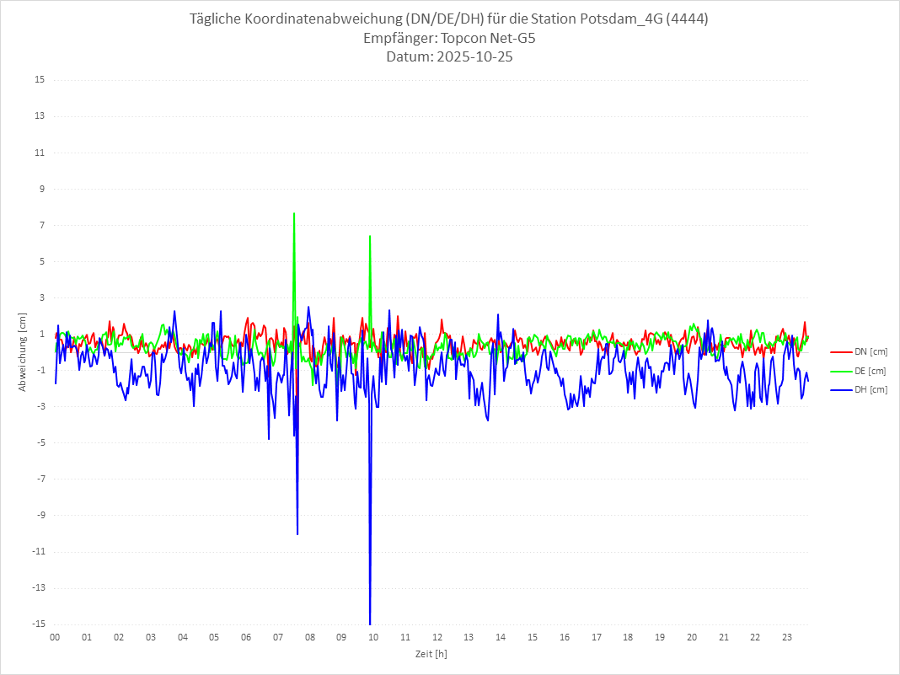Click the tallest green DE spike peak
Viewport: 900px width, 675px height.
(293, 214)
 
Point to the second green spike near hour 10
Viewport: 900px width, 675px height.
(370, 237)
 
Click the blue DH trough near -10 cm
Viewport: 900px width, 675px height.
(297, 533)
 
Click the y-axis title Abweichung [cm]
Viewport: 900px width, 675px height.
(23, 352)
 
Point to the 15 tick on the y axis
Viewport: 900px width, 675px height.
(39, 80)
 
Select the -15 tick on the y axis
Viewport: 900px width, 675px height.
(38, 624)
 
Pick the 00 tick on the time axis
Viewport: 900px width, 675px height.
(55, 637)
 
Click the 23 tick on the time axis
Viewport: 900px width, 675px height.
(786, 637)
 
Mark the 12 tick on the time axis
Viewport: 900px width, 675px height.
(437, 637)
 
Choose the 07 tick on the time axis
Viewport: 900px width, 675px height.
(277, 637)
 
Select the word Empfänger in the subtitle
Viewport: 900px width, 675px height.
(399, 38)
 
